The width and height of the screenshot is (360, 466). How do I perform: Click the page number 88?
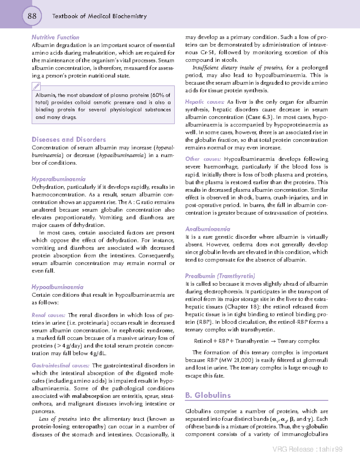coord(32,16)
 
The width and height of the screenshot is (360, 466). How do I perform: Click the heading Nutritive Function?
coord(55,37)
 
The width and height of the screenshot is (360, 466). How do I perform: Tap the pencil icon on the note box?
coord(36,86)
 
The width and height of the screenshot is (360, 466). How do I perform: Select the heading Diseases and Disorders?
coord(69,140)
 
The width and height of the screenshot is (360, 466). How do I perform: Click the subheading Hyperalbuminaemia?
coord(58,179)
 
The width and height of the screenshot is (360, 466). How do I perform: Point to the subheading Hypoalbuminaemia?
coord(58,287)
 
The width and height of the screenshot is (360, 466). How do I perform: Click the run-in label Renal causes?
coord(48,315)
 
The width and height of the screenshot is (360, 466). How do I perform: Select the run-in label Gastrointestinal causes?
coord(61,365)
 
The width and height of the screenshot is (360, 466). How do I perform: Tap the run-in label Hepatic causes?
coord(205,102)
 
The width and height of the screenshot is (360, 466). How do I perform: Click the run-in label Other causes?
coord(203,159)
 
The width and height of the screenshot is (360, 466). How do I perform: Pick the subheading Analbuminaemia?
coord(208,229)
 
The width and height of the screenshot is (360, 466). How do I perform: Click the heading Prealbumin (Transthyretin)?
coord(220,276)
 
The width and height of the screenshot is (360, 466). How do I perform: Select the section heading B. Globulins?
coord(208,395)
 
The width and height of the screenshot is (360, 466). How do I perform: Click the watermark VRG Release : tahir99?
coord(307,449)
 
